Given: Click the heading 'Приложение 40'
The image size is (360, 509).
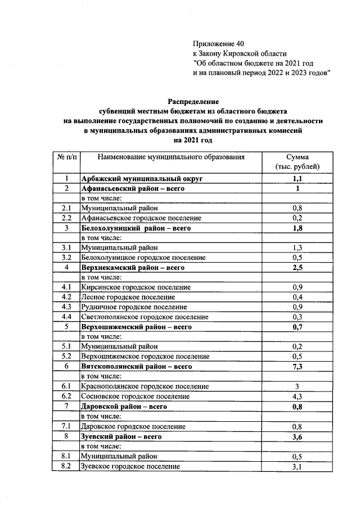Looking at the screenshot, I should coord(219,43).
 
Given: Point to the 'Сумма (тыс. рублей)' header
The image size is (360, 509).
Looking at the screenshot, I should coord(297,162).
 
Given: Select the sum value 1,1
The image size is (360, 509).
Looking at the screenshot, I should coord(297,178).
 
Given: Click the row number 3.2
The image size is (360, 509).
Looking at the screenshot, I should coord(66,258).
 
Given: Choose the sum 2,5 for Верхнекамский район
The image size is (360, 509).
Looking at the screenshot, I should coord(297,268).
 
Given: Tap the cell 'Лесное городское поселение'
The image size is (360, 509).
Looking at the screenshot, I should coord(128,297).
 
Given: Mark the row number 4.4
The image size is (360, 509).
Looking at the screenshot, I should coord(66,317).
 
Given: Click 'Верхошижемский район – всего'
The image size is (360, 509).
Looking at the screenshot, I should coord(137,327).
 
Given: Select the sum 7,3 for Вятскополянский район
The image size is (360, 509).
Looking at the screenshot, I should coord(297,366).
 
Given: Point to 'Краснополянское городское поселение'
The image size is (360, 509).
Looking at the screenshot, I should coord(145,386).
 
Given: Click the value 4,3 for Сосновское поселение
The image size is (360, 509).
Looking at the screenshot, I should coord(297,396).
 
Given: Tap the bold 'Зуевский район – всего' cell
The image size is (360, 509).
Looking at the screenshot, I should coord(121,436).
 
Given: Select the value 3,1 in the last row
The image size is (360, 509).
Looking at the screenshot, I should coord(297,466).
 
